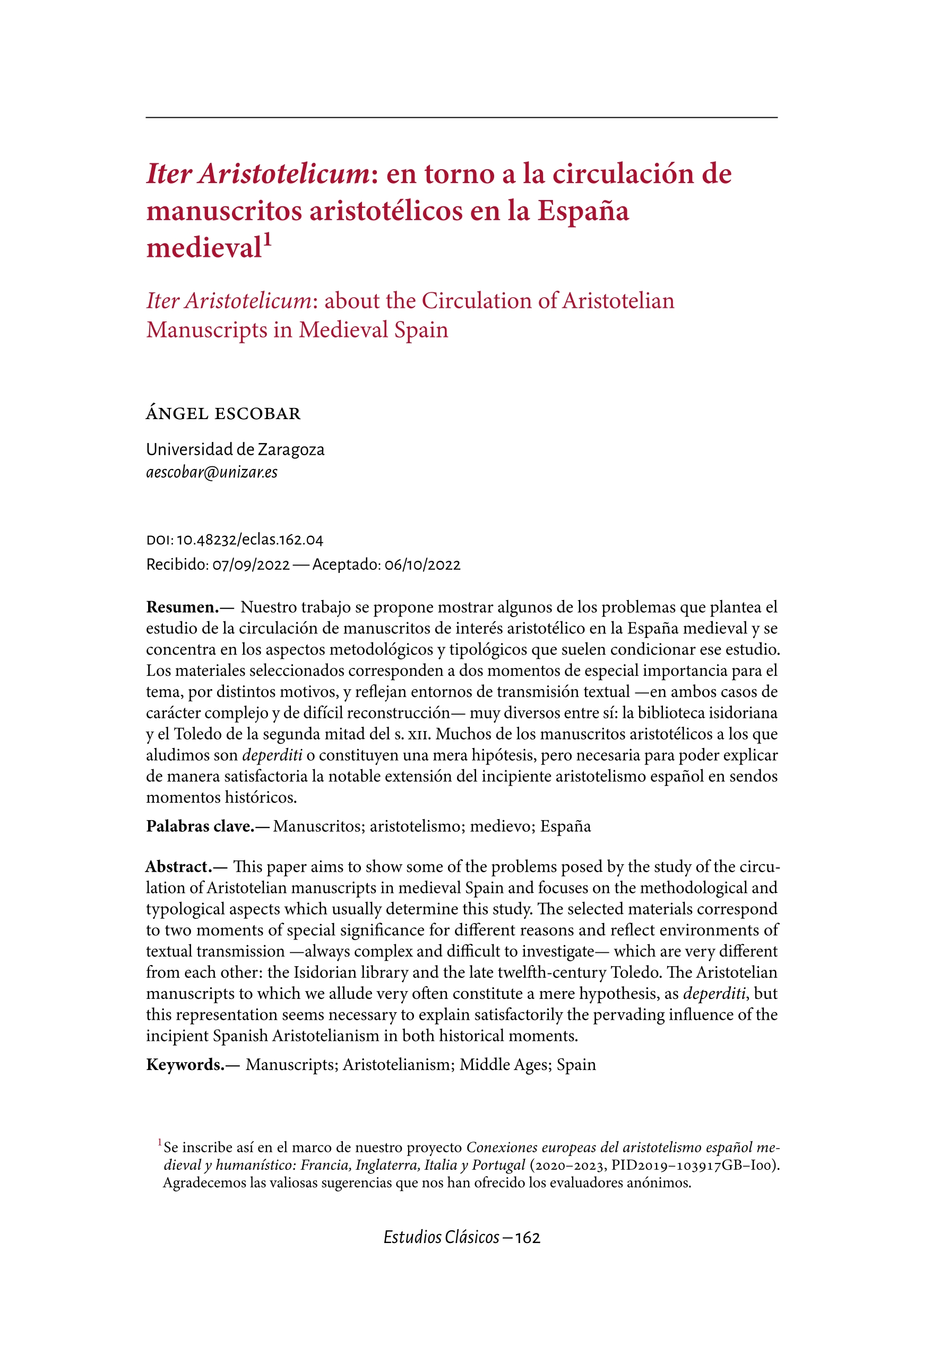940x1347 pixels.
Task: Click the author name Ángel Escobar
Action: point(223,414)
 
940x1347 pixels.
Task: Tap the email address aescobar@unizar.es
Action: point(211,472)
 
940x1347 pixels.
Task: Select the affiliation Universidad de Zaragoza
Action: point(235,449)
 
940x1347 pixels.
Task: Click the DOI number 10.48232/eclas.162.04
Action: point(250,540)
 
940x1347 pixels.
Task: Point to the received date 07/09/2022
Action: point(251,565)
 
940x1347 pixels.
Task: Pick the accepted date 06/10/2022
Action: point(422,565)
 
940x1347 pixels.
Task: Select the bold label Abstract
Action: point(179,866)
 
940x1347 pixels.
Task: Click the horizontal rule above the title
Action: point(461,118)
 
